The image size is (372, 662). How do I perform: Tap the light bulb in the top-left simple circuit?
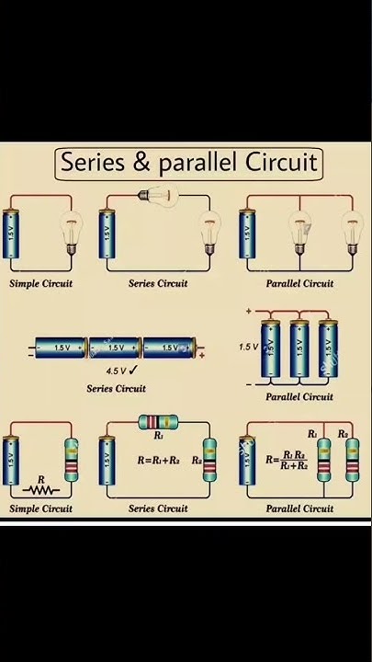(73, 231)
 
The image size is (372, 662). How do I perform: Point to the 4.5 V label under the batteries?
(115, 371)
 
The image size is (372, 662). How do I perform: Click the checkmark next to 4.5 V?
(134, 370)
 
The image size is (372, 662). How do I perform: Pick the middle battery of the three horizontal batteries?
(116, 348)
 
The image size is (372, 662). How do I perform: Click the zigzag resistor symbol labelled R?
(41, 488)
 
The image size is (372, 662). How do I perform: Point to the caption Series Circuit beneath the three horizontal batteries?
(116, 388)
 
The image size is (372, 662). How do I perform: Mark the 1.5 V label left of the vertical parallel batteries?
(249, 348)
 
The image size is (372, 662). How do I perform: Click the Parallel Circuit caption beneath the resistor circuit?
(299, 508)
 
